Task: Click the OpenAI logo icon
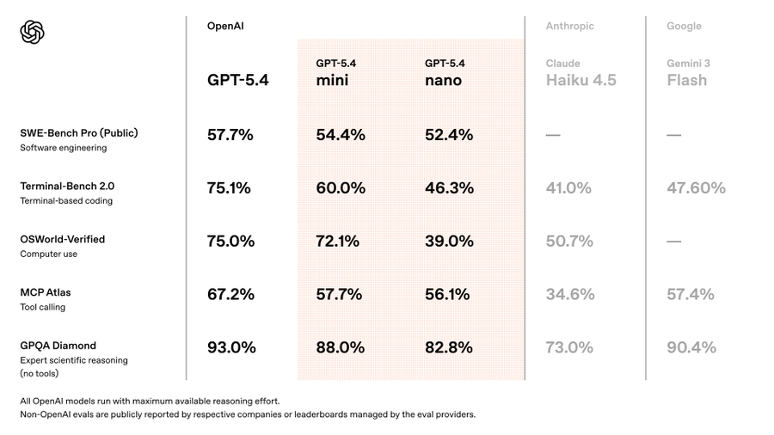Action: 32,33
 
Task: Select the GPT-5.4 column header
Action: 238,80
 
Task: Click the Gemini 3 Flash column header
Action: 687,72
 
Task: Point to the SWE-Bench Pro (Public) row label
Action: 79,133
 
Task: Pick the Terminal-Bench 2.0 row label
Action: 67,187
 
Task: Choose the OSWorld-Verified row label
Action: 63,239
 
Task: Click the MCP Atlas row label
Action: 46,292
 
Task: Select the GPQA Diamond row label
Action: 58,346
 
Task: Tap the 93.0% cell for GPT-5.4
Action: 231,347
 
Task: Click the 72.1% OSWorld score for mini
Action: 338,242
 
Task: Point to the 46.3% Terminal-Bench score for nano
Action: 449,188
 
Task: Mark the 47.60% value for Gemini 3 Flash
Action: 696,188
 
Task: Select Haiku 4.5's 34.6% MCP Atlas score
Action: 570,294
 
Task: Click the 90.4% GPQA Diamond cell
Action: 691,347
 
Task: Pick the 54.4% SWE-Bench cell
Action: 341,135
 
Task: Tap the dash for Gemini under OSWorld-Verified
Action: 674,242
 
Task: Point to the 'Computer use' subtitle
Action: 48,254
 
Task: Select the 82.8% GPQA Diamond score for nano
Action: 449,347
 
